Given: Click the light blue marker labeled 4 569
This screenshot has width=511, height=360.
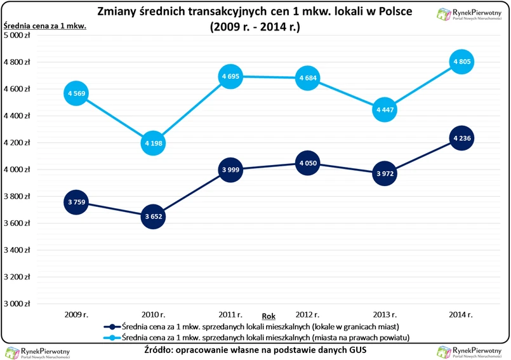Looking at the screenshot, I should (76, 94).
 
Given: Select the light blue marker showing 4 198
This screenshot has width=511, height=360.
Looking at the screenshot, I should (153, 143).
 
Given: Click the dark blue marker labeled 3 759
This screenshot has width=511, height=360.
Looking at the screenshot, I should (76, 203).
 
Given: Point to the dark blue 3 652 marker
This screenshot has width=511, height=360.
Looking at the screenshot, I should (153, 217).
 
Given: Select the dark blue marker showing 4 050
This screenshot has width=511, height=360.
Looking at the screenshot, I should (307, 163).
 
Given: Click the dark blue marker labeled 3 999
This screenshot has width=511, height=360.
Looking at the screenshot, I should (230, 170).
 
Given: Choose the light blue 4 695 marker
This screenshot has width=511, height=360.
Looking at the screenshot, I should (230, 77).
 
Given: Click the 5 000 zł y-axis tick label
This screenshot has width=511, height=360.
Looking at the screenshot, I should (17, 36).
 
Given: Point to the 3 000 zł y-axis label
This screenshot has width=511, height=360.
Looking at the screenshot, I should (17, 303).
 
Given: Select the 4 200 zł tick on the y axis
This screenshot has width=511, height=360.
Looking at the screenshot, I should (17, 143).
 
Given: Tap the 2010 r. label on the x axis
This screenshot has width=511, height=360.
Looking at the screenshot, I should (153, 314).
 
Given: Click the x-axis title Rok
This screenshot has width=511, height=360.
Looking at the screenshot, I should (269, 316).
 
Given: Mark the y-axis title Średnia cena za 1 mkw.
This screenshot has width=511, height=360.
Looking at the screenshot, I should (45, 26).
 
